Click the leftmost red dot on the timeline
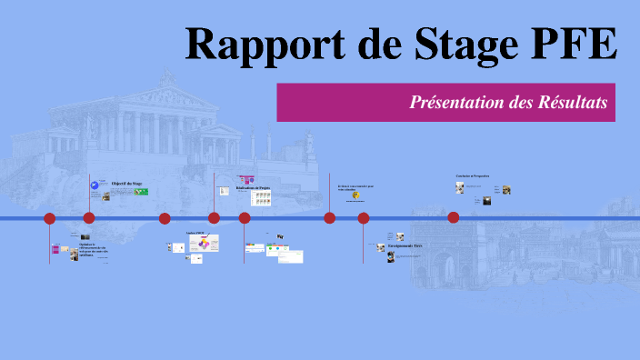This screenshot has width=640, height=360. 50,218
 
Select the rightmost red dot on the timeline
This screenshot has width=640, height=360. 454,217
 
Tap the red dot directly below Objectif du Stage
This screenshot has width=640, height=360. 89,218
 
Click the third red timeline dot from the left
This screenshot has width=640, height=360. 165,218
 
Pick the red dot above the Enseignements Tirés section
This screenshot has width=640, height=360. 364,218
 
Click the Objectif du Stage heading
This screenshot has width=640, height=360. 127,184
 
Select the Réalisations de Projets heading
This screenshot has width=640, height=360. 253,188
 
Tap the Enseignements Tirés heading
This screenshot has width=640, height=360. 405,245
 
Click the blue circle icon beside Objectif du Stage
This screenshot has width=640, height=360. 94,185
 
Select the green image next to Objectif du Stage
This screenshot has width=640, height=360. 141,191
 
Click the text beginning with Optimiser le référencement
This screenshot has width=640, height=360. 92,249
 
